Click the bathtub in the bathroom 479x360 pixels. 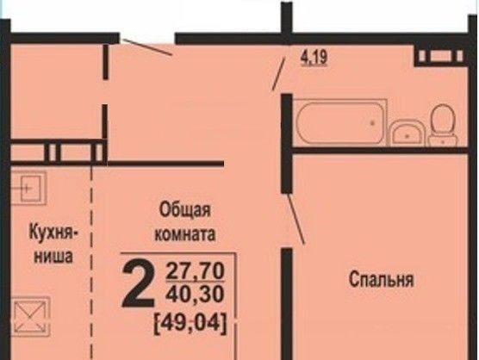340,122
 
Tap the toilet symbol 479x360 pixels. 443,125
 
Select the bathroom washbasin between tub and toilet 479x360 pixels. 407,133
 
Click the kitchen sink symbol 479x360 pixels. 28,188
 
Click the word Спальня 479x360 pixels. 382,279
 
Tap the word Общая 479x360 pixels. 185,210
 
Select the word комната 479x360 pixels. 185,234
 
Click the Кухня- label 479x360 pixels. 53,233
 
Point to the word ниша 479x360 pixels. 53,256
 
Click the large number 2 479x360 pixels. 138,284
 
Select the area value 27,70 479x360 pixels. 196,271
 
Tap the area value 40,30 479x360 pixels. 196,294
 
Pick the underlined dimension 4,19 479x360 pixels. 314,57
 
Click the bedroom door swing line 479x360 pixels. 296,219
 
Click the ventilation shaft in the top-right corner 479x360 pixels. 440,56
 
